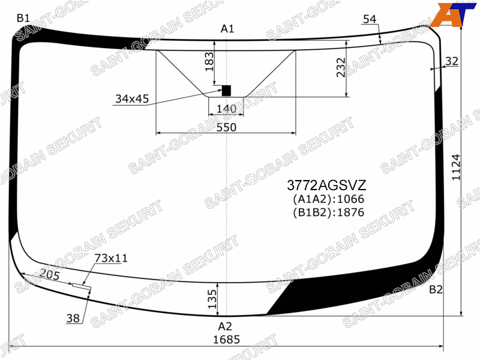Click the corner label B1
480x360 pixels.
click(x=23, y=19)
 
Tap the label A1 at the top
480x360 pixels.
click(x=227, y=29)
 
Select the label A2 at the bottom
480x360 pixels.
click(x=225, y=326)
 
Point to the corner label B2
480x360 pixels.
click(x=436, y=289)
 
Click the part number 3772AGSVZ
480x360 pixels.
click(x=326, y=185)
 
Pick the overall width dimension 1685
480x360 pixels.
click(x=226, y=339)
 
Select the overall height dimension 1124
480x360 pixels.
click(x=456, y=167)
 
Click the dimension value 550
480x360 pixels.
click(x=226, y=127)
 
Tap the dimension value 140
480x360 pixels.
click(x=226, y=109)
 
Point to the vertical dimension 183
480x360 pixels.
click(x=209, y=62)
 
